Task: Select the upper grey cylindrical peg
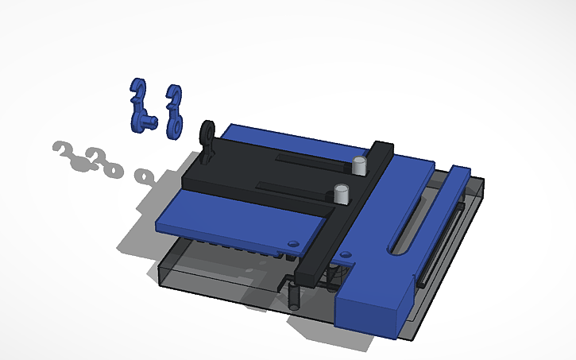coord(359,165)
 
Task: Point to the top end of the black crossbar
coord(383,149)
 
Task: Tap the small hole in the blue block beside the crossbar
coord(345,254)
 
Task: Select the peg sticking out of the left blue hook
coord(149,120)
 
